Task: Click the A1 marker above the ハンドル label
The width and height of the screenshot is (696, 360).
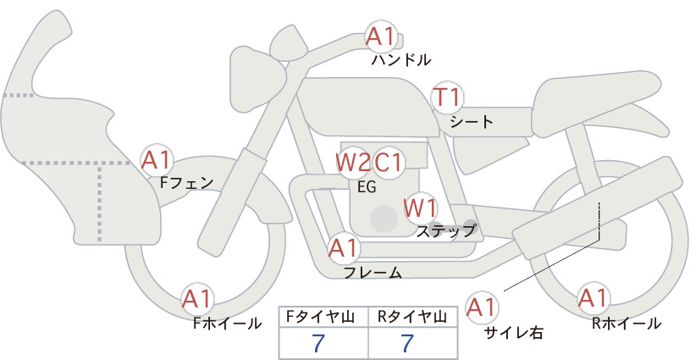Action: [381, 36]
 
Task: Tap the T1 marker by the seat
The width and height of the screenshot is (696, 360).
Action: [447, 97]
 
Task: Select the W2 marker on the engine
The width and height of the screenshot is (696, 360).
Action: [352, 163]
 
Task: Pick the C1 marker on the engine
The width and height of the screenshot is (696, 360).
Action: [388, 163]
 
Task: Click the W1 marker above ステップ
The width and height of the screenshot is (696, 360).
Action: [420, 208]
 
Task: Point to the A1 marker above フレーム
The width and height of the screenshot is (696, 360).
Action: [344, 248]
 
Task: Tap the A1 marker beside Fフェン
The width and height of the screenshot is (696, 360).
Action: [156, 160]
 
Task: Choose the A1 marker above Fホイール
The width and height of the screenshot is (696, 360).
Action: [197, 300]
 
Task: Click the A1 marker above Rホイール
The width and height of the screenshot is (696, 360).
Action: [593, 298]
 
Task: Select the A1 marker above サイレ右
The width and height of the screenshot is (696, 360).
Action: [482, 307]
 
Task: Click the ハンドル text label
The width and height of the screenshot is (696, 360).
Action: [400, 60]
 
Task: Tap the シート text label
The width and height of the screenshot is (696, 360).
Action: [472, 122]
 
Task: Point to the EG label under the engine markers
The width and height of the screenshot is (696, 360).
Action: [367, 187]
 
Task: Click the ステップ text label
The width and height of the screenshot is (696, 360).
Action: [445, 231]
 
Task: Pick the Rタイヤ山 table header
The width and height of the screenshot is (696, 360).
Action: [412, 317]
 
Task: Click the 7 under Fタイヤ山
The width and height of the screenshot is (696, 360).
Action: [318, 343]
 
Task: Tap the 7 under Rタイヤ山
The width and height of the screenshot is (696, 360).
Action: [407, 343]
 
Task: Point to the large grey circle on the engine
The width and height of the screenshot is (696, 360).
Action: [384, 219]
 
